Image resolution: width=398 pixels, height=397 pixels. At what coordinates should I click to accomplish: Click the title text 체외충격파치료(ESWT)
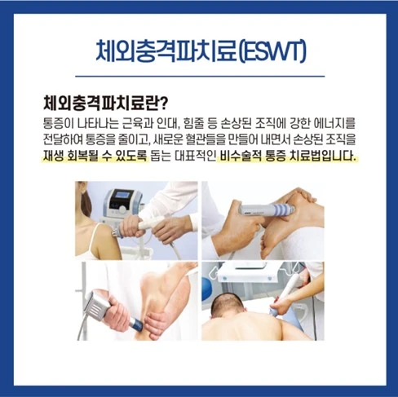[x=201, y=51]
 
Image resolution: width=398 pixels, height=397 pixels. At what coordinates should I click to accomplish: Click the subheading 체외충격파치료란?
[x=105, y=103]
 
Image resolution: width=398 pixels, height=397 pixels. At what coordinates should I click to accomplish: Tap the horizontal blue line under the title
[x=200, y=77]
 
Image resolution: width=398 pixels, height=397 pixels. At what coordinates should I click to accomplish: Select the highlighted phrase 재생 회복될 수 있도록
[x=95, y=156]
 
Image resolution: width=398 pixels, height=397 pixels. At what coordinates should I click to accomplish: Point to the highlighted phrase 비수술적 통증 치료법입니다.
[x=288, y=156]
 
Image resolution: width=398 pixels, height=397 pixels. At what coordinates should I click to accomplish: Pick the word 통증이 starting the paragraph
[x=59, y=123]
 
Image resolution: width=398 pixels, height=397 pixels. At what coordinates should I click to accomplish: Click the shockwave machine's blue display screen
[x=124, y=196]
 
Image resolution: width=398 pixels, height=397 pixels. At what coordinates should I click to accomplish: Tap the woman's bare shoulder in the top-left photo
[x=103, y=237]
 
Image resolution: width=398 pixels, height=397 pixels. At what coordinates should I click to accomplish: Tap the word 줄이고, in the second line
[x=135, y=139]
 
